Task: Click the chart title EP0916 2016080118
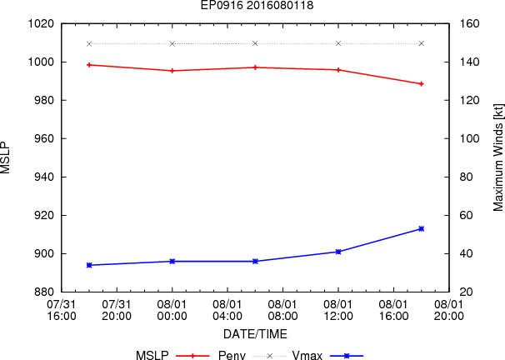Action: (256, 6)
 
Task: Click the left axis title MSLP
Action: (7, 157)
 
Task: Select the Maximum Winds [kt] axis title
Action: (497, 157)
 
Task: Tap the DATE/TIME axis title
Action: (256, 334)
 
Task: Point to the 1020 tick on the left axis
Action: (41, 23)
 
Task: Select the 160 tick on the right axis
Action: (465, 23)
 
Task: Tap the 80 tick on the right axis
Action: (462, 177)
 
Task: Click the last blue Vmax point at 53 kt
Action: (421, 228)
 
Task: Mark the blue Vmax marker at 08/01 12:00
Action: (338, 251)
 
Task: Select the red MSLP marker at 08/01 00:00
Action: (172, 71)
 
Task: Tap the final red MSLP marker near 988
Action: (421, 84)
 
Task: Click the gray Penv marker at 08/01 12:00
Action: (338, 43)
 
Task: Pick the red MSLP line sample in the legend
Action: (192, 356)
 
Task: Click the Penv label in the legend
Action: (231, 356)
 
